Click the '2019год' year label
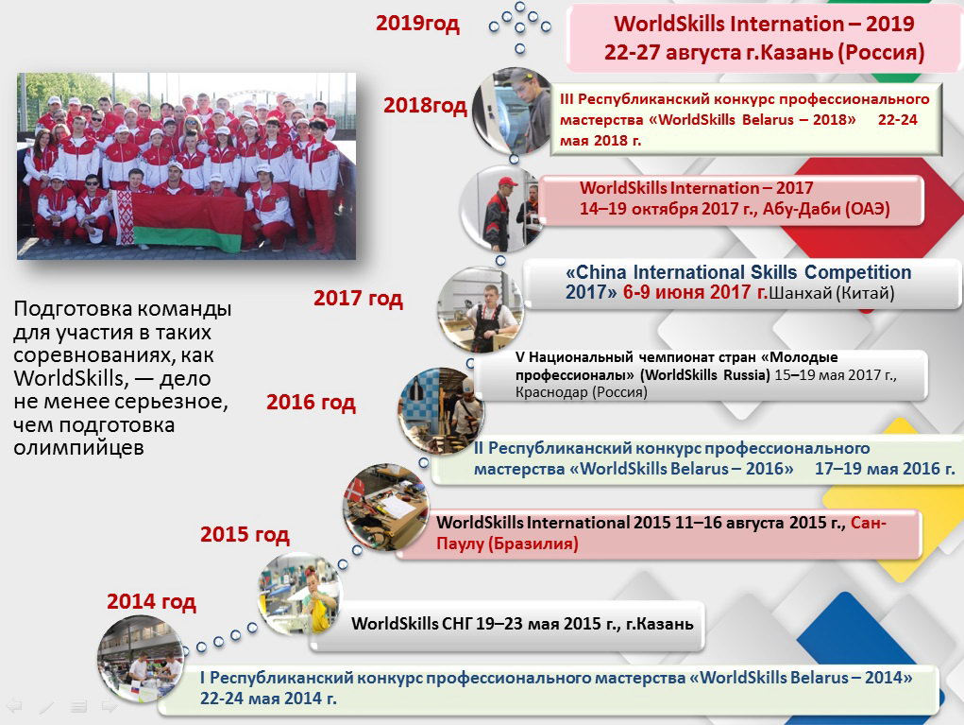(417, 23)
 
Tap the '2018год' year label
(426, 105)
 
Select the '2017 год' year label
(359, 298)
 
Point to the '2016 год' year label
(311, 402)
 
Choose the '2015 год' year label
(245, 534)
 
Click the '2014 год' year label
(151, 601)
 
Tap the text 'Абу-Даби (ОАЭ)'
(826, 209)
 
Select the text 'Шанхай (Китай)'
(832, 292)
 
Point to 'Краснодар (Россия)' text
(581, 392)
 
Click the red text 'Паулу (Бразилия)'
(507, 544)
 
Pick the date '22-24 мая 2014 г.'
(268, 699)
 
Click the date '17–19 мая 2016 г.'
(886, 468)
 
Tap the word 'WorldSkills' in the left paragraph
(69, 378)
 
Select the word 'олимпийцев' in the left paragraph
(78, 447)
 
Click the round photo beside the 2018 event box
(514, 111)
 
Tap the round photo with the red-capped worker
(501, 208)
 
